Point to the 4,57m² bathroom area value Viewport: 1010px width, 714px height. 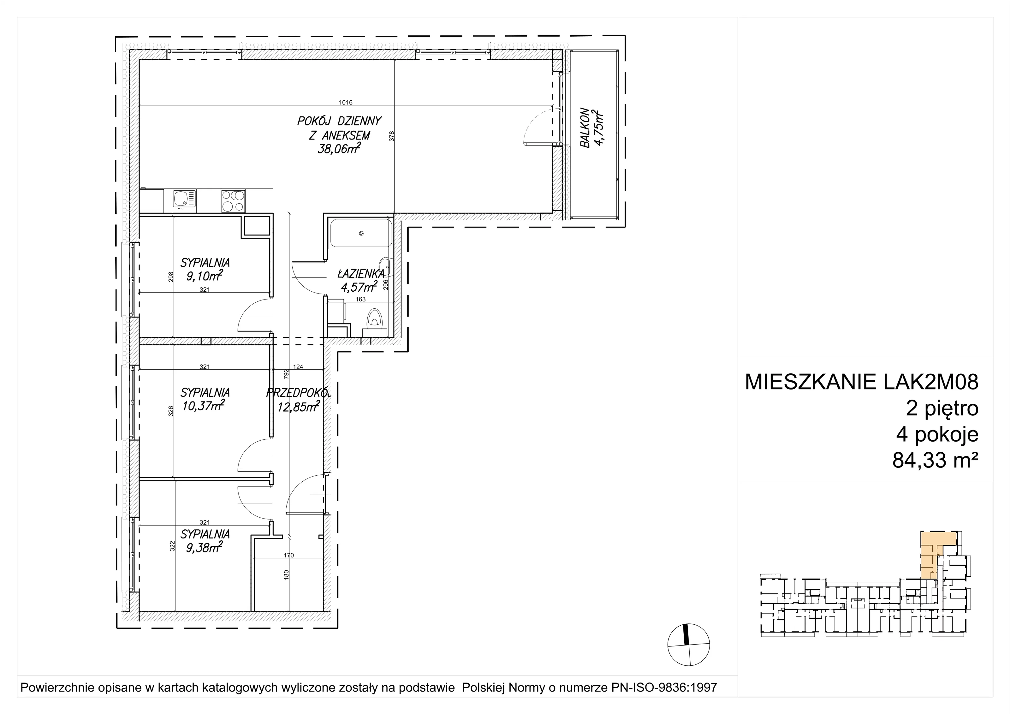coord(359,287)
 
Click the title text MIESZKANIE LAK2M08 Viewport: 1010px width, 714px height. coord(861,382)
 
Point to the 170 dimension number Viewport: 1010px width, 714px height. coord(288,555)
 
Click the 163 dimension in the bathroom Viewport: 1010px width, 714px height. coord(360,300)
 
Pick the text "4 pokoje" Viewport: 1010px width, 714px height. coord(937,435)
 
